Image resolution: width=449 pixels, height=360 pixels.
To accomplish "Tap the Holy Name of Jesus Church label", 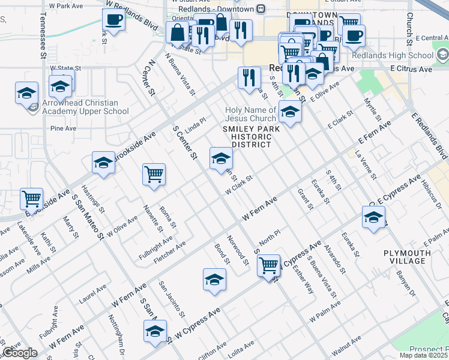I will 251,114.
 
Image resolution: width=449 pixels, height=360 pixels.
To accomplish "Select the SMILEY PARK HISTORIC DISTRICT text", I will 247,136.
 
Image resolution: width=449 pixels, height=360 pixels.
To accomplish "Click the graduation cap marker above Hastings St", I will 103,163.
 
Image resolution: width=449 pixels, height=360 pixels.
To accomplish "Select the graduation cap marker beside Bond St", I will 214,279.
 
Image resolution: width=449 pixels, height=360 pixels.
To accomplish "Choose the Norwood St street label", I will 243,252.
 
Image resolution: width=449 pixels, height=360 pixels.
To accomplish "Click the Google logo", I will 20,353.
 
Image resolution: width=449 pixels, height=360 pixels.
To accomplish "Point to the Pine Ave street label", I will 64,128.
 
